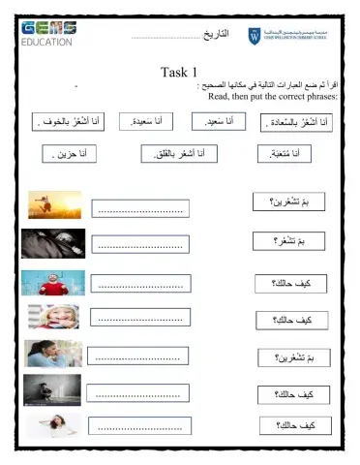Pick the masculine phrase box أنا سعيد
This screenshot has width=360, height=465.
point(228,123)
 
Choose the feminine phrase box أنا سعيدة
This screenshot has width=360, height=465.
point(165,123)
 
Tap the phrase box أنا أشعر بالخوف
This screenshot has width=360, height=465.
point(72,123)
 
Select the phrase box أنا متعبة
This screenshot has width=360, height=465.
point(291,153)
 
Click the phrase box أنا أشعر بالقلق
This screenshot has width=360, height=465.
point(179,153)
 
